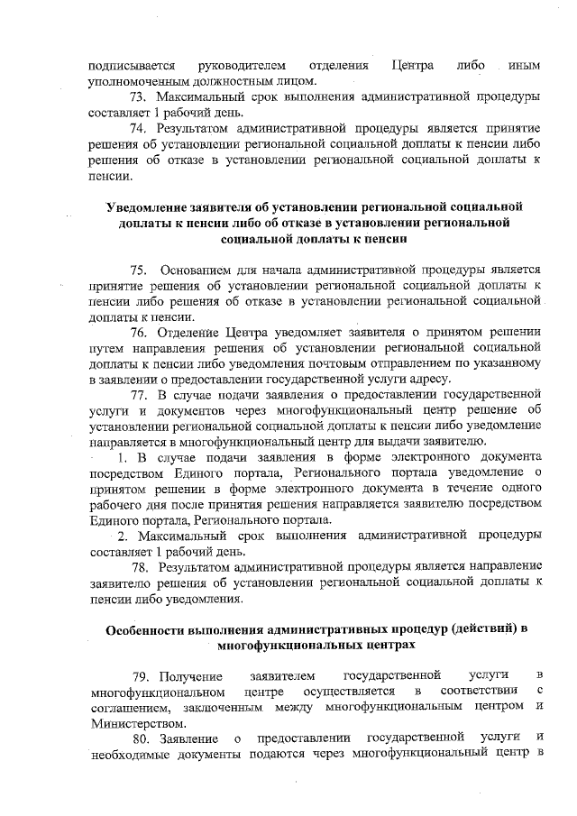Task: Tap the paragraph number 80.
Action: click(x=141, y=738)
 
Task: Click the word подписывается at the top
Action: click(x=133, y=66)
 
